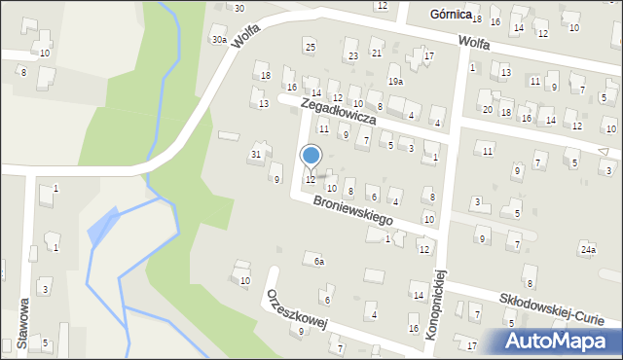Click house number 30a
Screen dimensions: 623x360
click(219, 40)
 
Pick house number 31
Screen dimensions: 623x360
click(256, 155)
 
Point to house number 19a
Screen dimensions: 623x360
click(395, 82)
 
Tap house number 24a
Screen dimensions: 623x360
click(587, 249)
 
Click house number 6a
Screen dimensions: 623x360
click(318, 261)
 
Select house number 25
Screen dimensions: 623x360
click(310, 47)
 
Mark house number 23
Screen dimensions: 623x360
click(353, 55)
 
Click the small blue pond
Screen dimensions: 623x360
click(103, 227)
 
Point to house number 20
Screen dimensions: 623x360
click(487, 109)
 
